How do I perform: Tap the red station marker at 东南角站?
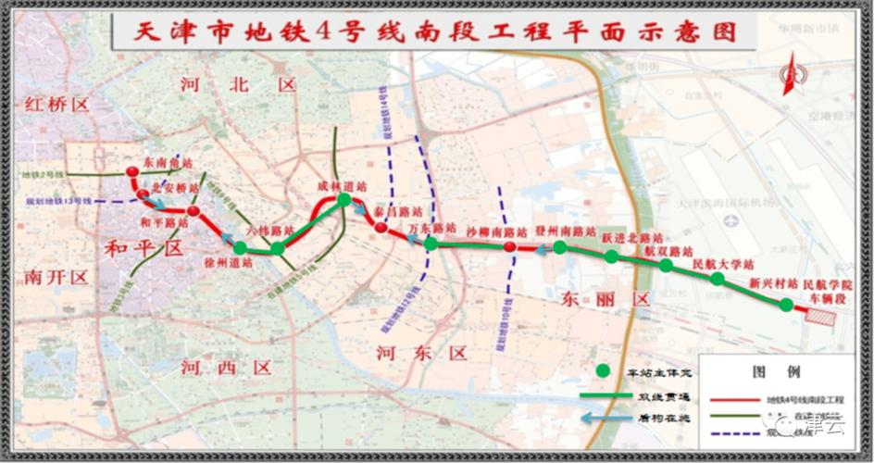pos(132,172)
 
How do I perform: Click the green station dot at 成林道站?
pos(343,200)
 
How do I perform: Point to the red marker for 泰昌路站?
pos(381,227)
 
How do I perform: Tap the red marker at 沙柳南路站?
pos(509,248)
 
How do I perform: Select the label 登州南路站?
pos(565,230)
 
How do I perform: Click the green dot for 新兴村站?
pos(786,305)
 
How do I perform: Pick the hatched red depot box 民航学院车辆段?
pos(821,316)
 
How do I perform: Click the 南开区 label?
pos(56,276)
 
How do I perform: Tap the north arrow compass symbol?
pos(792,74)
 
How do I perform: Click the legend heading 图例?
pos(778,372)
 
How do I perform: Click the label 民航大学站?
pos(722,265)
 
